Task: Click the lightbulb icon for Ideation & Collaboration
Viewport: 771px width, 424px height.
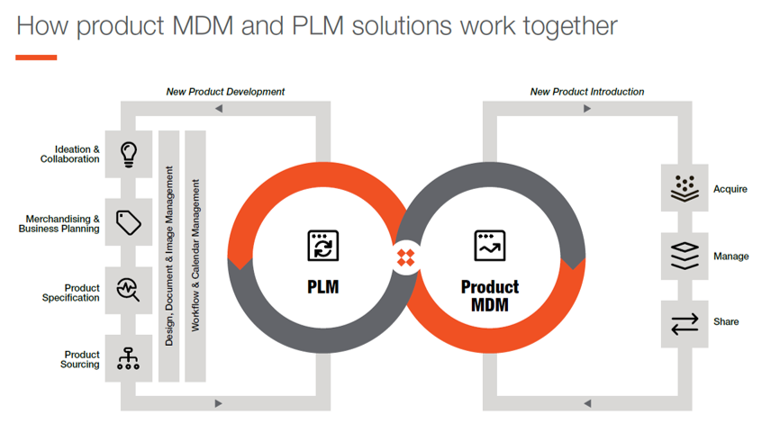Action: point(129,153)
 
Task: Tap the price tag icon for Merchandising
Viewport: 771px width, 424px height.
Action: point(129,222)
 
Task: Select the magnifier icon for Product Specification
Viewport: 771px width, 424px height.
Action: point(129,291)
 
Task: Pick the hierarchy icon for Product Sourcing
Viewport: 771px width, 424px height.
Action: point(129,359)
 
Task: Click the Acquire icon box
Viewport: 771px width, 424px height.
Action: point(685,188)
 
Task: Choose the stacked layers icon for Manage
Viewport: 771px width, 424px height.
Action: point(685,256)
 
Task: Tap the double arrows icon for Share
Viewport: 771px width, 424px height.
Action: point(685,321)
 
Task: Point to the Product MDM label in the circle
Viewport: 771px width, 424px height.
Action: point(490,295)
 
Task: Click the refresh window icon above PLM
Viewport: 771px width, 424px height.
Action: point(323,246)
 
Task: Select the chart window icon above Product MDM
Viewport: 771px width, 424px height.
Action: point(490,246)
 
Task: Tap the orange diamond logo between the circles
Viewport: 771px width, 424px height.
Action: point(406,258)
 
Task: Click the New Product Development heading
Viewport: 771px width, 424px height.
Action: point(225,92)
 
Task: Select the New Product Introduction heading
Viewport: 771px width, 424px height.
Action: point(587,92)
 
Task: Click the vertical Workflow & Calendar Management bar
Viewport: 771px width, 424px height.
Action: point(195,256)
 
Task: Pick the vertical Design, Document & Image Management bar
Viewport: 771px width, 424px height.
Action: point(169,256)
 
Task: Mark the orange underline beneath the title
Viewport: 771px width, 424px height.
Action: point(36,57)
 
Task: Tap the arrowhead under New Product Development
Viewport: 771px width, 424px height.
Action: point(219,109)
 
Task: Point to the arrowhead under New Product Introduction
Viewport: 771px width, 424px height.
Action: point(587,109)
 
